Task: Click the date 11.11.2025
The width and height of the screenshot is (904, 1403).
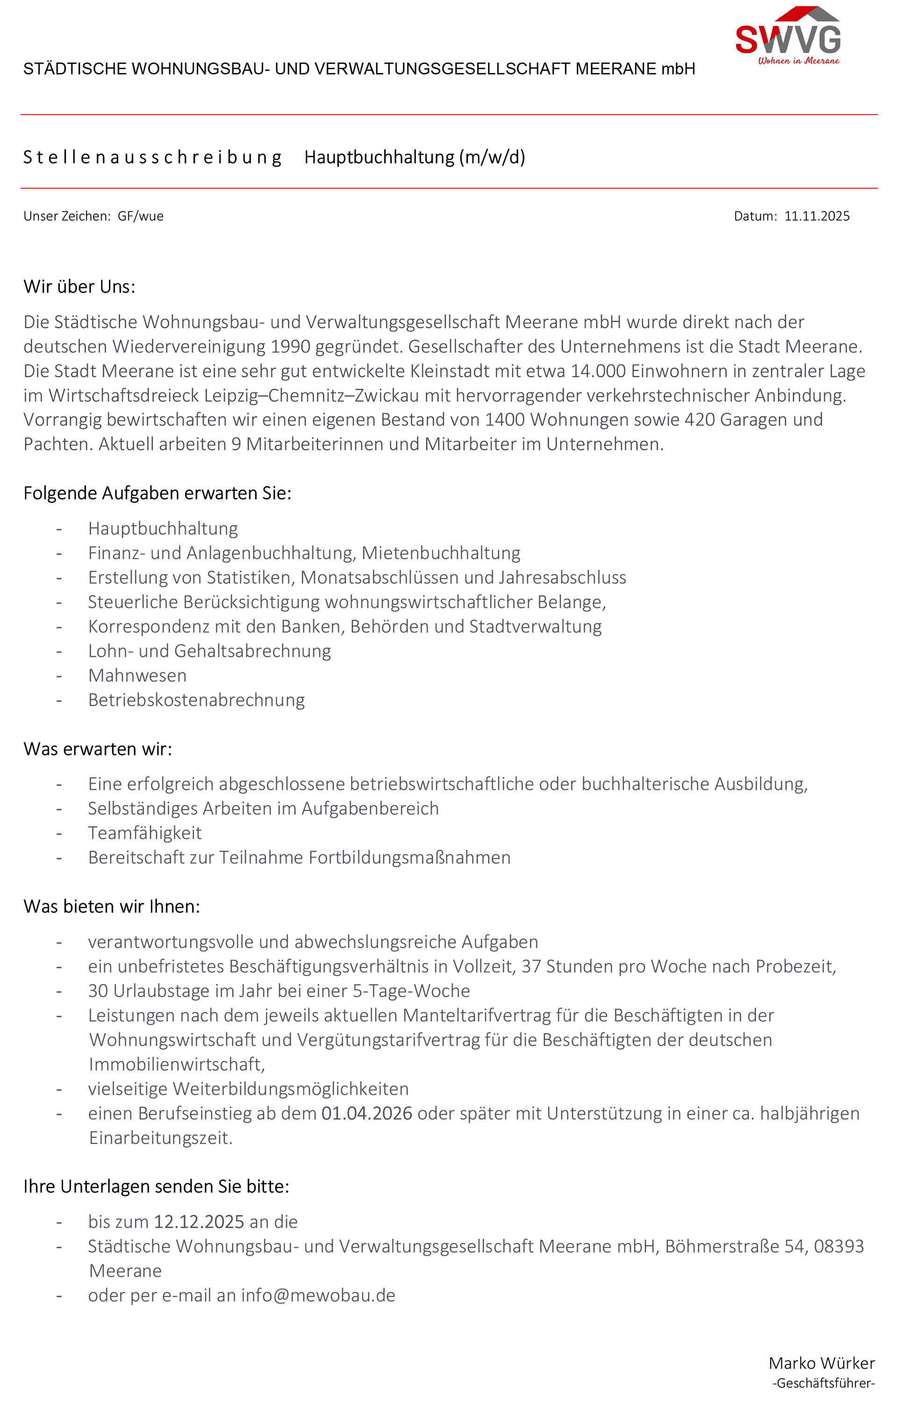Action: click(x=817, y=216)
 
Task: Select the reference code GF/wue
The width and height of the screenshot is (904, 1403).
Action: click(x=140, y=216)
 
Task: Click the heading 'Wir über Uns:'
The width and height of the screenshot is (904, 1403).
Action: click(x=79, y=287)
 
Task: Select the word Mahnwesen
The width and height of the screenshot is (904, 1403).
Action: click(x=137, y=675)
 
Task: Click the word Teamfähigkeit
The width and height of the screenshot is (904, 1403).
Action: click(x=144, y=833)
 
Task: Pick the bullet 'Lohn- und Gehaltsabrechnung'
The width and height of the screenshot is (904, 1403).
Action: click(x=209, y=651)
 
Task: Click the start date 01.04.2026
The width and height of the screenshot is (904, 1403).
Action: click(x=366, y=1114)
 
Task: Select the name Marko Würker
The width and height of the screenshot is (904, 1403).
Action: click(x=821, y=1363)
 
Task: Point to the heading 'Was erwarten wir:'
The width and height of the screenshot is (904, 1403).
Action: click(x=97, y=749)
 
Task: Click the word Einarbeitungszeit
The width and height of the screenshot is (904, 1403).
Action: click(x=160, y=1138)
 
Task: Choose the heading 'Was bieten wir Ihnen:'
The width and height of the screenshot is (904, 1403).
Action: click(x=112, y=907)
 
